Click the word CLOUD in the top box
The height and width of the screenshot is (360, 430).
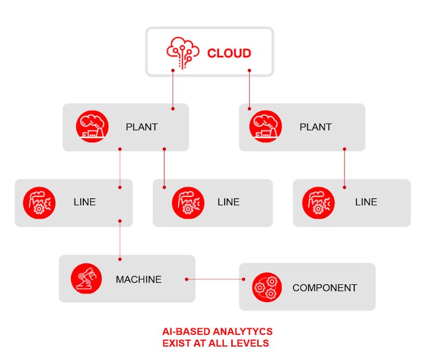(x=229, y=53)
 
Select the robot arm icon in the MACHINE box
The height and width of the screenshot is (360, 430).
(x=86, y=278)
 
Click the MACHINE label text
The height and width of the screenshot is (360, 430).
(x=139, y=279)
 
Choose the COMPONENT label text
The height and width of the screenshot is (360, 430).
(x=325, y=288)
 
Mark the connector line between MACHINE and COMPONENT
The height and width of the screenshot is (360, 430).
(x=215, y=279)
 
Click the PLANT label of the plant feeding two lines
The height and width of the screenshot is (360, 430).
(x=142, y=127)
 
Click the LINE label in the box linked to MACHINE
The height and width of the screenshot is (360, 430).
(x=84, y=202)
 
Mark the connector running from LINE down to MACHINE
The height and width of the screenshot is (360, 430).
(x=120, y=239)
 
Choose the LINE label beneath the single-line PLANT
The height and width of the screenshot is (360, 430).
(x=366, y=202)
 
